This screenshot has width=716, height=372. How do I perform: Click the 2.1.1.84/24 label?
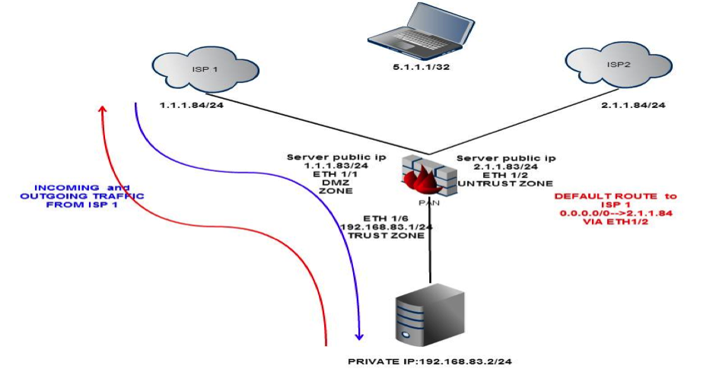(x=634, y=105)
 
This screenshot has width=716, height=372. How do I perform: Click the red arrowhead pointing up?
(x=103, y=109)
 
